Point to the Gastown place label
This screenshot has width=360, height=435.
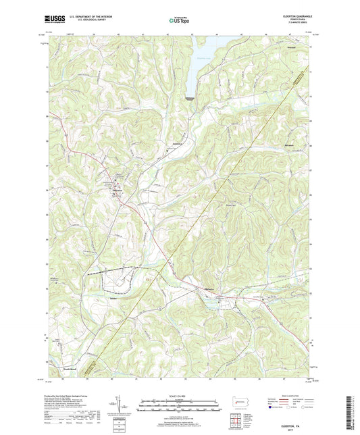(178, 145)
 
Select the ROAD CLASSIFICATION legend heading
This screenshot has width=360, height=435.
(290, 394)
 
